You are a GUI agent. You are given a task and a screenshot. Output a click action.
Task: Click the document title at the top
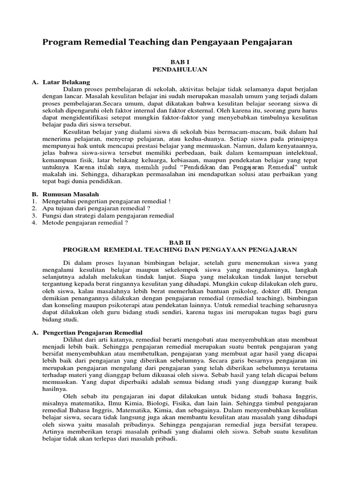167,42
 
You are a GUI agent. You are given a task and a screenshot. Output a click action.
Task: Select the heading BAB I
180,61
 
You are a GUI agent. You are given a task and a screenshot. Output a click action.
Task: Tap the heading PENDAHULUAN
180,69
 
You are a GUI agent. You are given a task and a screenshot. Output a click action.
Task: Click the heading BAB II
180,242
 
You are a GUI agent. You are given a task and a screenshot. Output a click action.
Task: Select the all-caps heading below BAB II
180,249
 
